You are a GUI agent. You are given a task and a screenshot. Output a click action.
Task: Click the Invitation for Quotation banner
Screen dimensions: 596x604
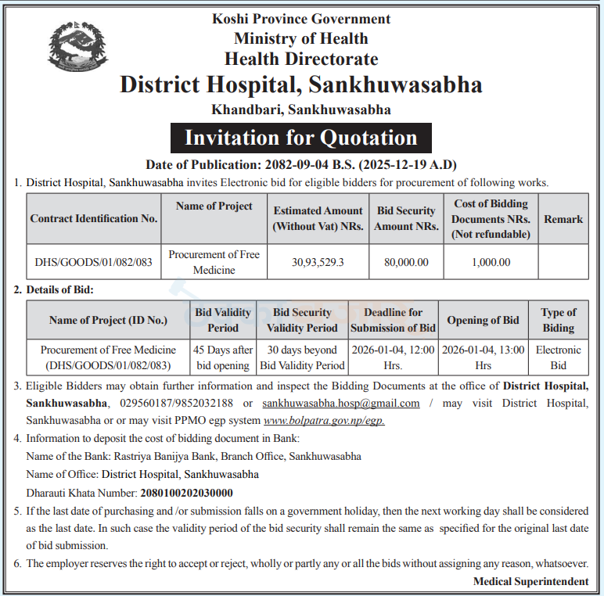301,138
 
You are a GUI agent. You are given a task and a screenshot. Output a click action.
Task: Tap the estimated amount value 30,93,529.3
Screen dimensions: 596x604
318,263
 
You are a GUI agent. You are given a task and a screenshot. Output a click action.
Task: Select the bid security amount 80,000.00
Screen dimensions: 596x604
406,263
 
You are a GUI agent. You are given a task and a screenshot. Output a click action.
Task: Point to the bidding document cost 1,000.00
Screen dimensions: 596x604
491,263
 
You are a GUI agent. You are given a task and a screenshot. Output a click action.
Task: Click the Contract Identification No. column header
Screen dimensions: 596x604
94,219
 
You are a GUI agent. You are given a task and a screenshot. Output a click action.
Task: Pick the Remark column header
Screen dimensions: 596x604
563,219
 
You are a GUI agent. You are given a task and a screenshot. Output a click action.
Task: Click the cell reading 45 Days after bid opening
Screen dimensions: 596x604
223,357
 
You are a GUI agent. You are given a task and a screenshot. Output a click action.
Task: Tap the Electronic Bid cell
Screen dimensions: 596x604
559,357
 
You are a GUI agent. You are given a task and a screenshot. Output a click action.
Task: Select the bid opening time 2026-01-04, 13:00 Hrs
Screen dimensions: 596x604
483,357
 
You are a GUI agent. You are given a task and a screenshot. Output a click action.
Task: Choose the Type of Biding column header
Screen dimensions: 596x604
559,320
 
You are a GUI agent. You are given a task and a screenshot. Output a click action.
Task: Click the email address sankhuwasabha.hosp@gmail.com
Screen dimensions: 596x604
341,404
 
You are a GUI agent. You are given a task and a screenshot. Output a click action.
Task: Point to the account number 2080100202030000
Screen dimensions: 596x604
186,493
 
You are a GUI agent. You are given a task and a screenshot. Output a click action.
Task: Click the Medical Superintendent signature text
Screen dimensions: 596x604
530,581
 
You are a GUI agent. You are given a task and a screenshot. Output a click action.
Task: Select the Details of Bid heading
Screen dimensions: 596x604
59,290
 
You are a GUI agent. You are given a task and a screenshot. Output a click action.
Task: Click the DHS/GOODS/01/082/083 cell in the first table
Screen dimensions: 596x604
94,263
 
